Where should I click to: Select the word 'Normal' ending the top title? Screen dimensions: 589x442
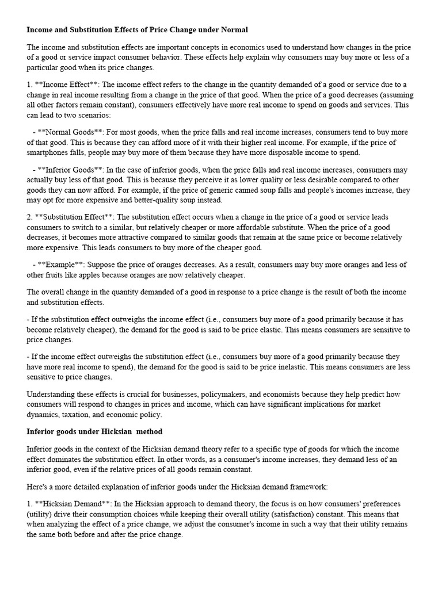233,29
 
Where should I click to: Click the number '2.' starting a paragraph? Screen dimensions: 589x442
30,216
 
